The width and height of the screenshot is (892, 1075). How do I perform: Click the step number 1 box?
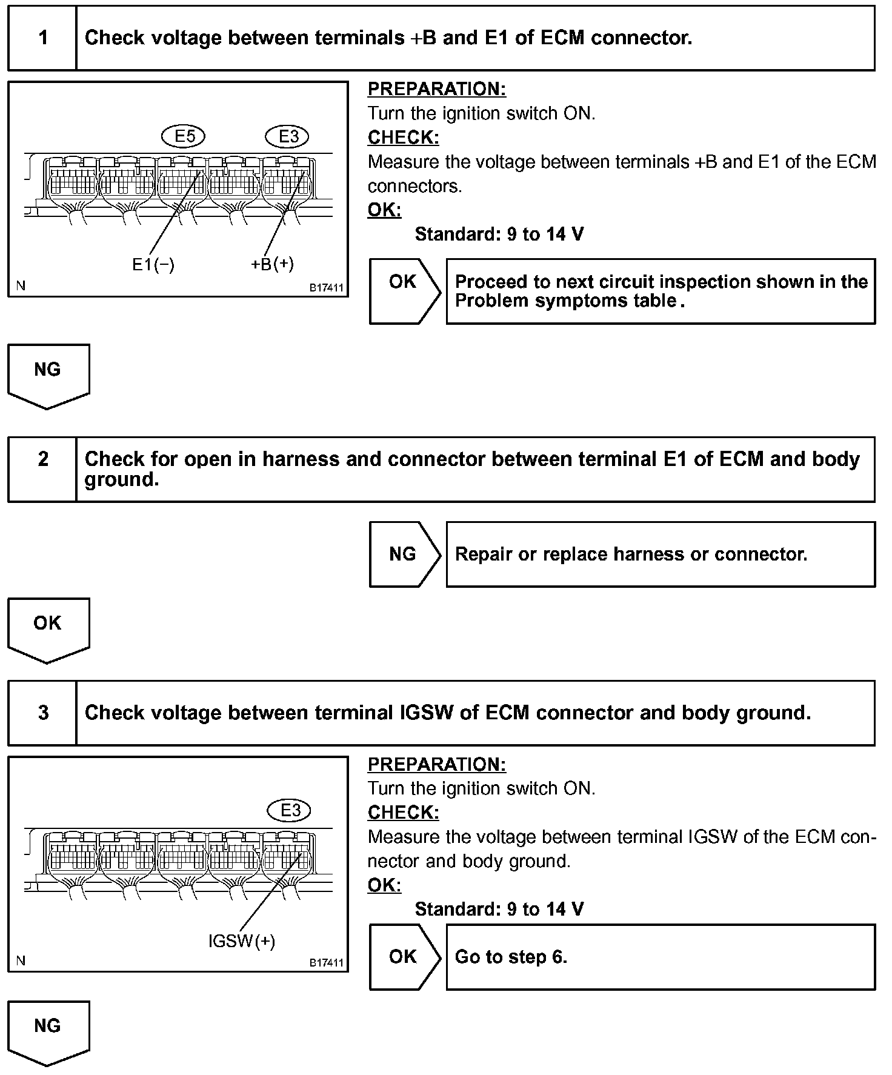coord(42,38)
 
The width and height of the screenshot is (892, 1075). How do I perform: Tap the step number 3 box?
coord(42,713)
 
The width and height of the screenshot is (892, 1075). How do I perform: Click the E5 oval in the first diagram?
coord(184,136)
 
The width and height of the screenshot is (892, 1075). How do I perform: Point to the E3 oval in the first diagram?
coord(288,136)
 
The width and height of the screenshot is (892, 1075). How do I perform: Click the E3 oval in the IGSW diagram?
coord(290,810)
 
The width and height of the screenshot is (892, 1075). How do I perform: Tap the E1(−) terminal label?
coord(153,265)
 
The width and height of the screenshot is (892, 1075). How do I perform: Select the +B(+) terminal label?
coord(272,264)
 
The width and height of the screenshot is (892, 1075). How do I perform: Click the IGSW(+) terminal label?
coord(241,941)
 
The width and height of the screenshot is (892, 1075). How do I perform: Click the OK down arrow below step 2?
coord(48,628)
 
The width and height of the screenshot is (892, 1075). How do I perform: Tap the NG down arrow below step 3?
coord(48,1030)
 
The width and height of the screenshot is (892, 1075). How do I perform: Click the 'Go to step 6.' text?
coord(511,957)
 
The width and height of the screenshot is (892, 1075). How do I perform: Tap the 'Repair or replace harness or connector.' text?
coord(631,554)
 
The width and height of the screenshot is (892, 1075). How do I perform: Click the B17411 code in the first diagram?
coord(327,288)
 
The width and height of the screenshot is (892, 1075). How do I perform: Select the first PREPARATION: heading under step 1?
coord(436,89)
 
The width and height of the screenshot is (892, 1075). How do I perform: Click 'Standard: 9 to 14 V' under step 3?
coord(499,909)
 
